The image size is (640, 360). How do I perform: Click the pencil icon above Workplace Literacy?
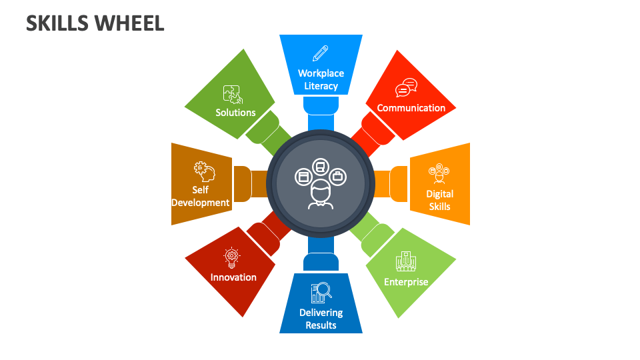[321, 53]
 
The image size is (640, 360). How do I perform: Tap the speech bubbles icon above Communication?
[406, 88]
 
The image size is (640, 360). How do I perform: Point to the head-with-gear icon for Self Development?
[203, 171]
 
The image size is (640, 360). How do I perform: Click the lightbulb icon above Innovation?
[231, 257]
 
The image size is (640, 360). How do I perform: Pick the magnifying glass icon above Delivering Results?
[321, 293]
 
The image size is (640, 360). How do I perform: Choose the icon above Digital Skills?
[439, 173]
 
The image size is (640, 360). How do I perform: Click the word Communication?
[411, 108]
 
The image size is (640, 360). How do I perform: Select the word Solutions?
[235, 113]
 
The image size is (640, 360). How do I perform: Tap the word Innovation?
[233, 277]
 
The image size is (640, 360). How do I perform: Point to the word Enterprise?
[406, 282]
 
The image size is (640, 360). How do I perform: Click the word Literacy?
[321, 86]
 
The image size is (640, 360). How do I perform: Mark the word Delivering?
[321, 313]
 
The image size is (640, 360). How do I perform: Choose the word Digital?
[439, 194]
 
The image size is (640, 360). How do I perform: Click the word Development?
[201, 203]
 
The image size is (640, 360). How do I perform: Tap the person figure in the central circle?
[321, 195]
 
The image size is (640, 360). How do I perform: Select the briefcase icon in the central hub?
[338, 176]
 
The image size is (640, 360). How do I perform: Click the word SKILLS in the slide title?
[57, 23]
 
